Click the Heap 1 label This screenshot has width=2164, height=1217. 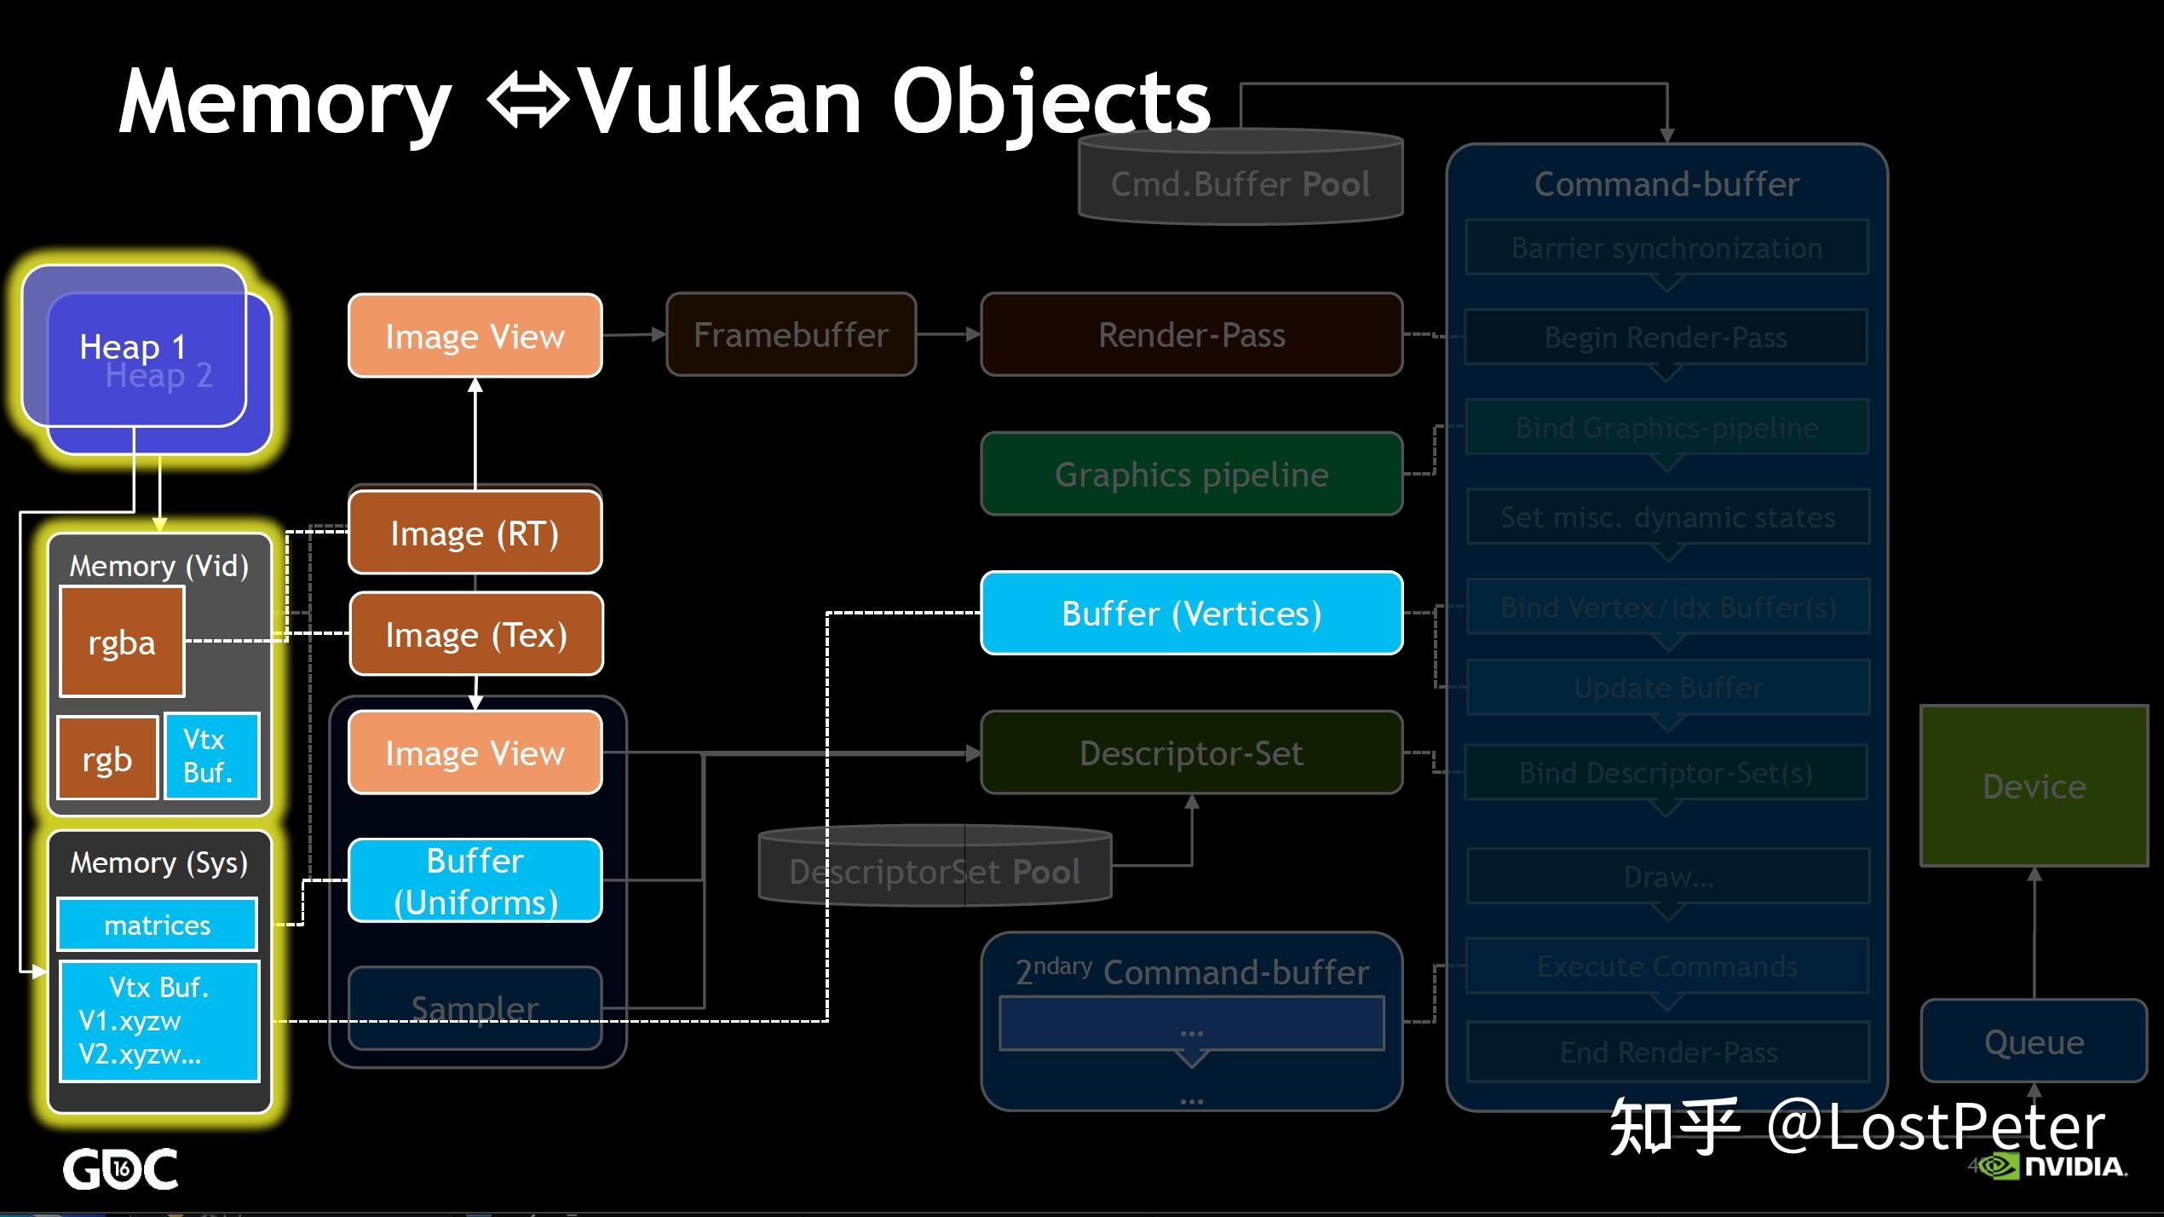click(132, 347)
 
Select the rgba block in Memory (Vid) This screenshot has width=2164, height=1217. click(122, 642)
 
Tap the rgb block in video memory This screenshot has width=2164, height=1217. click(107, 758)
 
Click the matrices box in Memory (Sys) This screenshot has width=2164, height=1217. click(157, 925)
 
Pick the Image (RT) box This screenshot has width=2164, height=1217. click(475, 534)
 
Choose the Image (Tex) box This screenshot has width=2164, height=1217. click(476, 635)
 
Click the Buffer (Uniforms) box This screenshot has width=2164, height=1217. click(475, 881)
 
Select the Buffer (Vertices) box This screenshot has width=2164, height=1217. click(1191, 614)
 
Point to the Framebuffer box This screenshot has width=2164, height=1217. click(791, 335)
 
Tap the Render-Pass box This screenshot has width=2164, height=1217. click(1191, 335)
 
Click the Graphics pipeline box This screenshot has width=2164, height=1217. click(1191, 474)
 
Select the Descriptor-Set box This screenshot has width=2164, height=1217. click(1191, 753)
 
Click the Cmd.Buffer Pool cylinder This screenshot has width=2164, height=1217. click(1240, 184)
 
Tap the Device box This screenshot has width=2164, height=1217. click(2034, 786)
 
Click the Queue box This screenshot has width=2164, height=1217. click(2034, 1041)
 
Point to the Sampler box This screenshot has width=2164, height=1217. click(475, 1008)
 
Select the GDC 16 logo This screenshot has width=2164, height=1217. click(120, 1168)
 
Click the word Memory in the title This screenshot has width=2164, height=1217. click(285, 102)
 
